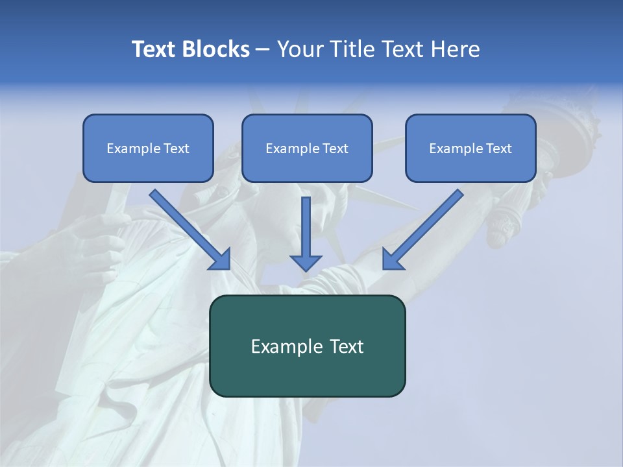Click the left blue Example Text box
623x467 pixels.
[148, 149]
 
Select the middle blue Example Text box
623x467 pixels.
[307, 149]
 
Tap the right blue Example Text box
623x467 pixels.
[470, 149]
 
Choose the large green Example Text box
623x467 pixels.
[307, 346]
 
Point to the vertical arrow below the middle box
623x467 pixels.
[306, 233]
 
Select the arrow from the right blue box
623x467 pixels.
[422, 230]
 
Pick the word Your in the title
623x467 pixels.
[299, 49]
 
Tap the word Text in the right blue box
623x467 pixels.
[498, 149]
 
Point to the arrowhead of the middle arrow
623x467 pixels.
[306, 262]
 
